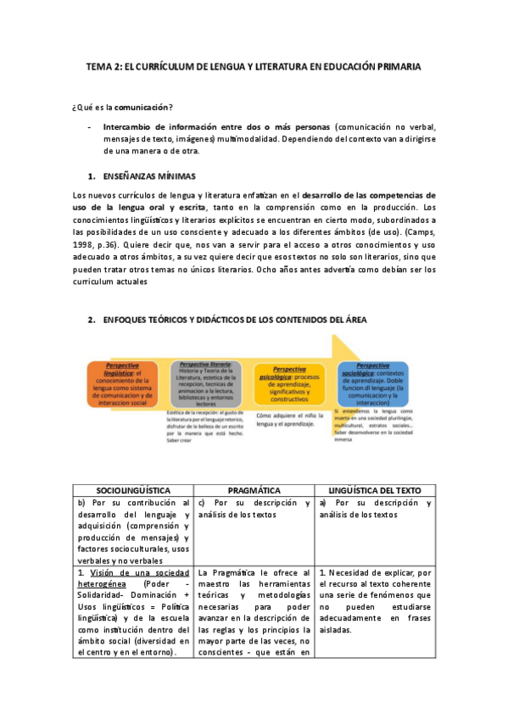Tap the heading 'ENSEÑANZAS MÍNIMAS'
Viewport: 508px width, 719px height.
(148, 176)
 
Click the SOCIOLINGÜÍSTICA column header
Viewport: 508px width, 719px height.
(133, 491)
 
